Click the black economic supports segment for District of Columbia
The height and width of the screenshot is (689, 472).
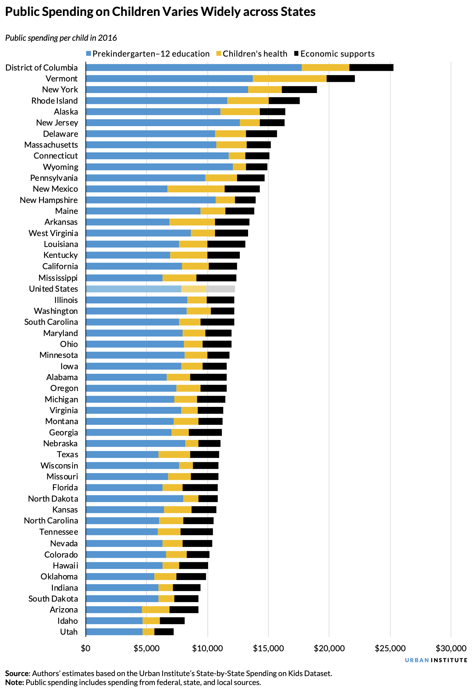pos(371,68)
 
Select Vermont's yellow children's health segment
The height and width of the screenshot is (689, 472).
pos(289,78)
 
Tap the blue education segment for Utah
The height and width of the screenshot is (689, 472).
pos(114,632)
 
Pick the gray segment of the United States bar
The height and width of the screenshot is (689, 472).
pos(220,289)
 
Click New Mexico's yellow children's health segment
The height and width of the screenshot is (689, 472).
pos(196,189)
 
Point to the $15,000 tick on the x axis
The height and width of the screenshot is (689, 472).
pos(268,648)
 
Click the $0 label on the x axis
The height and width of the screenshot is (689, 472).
pos(86,648)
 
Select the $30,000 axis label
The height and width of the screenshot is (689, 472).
pos(451,648)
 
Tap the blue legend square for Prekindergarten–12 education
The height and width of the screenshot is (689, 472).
pos(88,54)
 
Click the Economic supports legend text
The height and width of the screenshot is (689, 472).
pos(337,54)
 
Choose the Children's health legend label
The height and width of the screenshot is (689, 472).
pos(255,54)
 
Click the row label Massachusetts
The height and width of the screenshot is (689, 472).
pos(51,145)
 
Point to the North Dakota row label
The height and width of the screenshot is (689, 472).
pos(53,499)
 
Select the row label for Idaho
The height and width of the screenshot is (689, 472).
pos(67,621)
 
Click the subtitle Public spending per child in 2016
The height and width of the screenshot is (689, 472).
pos(61,38)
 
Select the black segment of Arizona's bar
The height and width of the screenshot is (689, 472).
pos(184,610)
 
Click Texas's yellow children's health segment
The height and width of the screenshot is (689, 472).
pos(174,454)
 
